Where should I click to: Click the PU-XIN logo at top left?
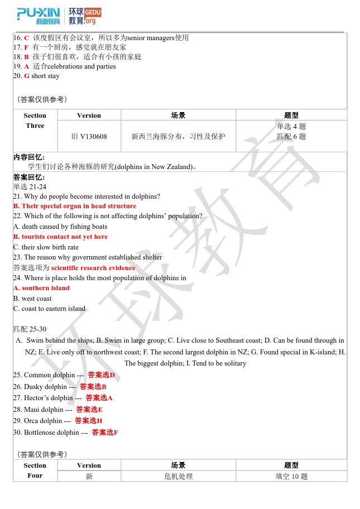point(38,16)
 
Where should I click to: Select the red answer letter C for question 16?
point(26,38)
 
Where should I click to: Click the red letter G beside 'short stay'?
point(26,76)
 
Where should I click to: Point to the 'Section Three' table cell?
point(35,121)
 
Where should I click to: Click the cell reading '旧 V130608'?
point(89,136)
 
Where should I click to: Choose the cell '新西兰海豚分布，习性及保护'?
point(179,136)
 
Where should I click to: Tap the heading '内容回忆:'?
point(29,157)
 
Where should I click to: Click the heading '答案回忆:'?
point(29,177)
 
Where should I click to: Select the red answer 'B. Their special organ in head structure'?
point(75,206)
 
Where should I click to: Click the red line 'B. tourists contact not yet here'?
point(60,237)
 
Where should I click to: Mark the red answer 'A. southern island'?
point(41,288)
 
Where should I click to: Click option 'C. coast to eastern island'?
point(49,309)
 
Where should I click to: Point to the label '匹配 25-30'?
point(30,329)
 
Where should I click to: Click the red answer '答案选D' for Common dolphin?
point(101,375)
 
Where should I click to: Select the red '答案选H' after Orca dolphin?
point(89,421)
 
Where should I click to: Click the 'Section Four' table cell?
point(35,470)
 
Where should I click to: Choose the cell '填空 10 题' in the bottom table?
point(291,477)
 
